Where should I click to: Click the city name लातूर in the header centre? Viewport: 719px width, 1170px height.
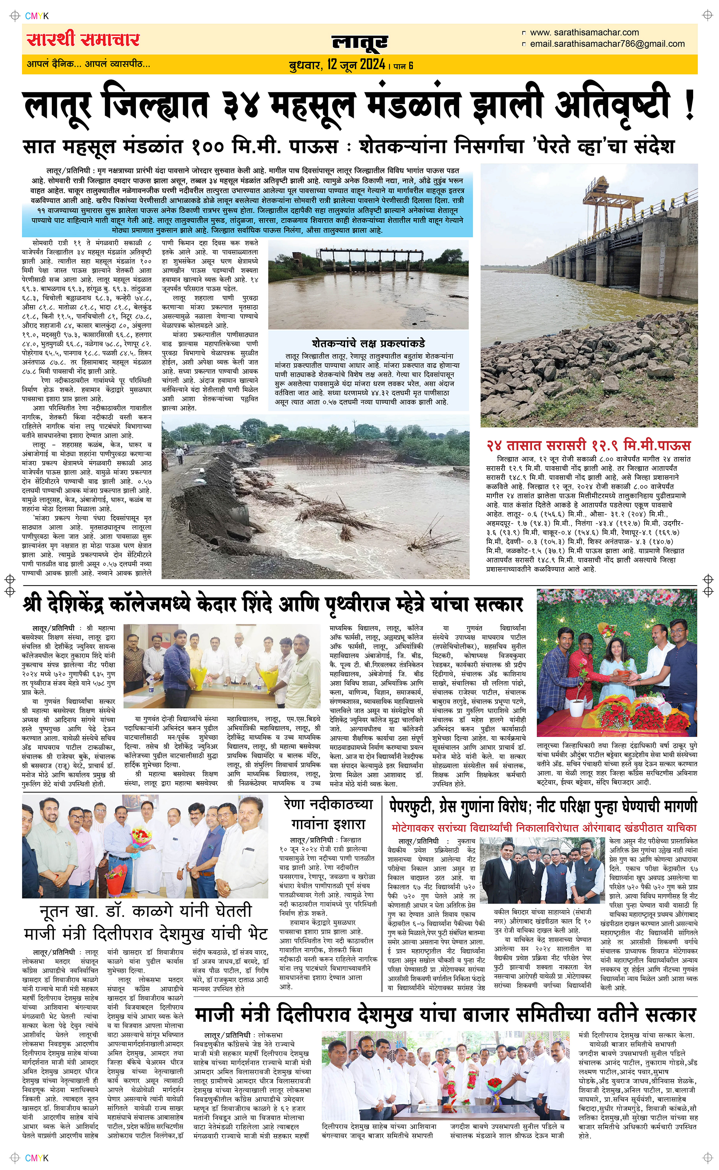359,42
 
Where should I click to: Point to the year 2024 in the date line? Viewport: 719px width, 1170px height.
372,64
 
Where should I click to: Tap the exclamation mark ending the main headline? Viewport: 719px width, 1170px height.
689,107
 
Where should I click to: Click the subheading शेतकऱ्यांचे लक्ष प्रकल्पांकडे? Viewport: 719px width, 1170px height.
368,343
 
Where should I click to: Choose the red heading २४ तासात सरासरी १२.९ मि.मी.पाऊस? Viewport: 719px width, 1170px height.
588,445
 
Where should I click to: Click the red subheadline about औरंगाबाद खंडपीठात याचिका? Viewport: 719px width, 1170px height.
544,828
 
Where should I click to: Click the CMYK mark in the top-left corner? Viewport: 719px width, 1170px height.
37,16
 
